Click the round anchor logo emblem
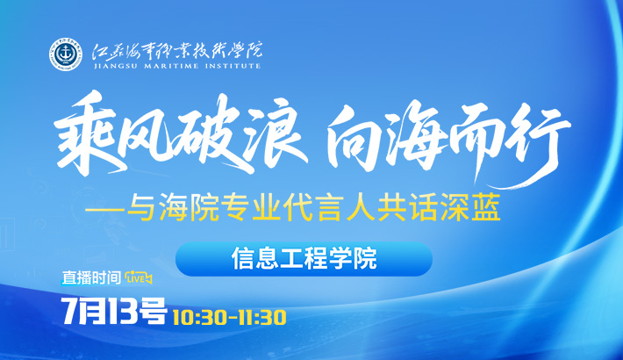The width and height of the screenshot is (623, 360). (x=66, y=54)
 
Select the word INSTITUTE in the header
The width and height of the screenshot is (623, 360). (x=233, y=66)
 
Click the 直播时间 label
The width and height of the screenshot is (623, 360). (x=91, y=277)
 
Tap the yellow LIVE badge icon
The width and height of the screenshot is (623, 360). (x=139, y=277)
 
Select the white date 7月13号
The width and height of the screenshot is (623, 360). (x=114, y=311)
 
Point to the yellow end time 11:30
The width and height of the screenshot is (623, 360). (x=261, y=318)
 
